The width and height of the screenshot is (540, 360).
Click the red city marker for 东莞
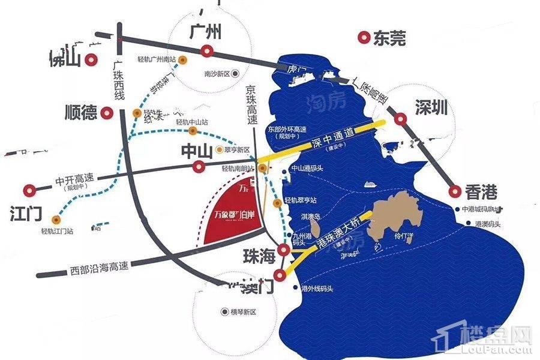pos(363,38)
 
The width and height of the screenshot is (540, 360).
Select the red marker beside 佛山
pos(91,59)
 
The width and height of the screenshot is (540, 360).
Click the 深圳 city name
pos(431,108)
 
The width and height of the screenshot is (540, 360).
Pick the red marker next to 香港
pos(454,192)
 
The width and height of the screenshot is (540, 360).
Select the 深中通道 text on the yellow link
pos(332,137)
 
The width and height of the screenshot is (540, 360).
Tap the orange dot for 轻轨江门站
pos(55,218)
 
